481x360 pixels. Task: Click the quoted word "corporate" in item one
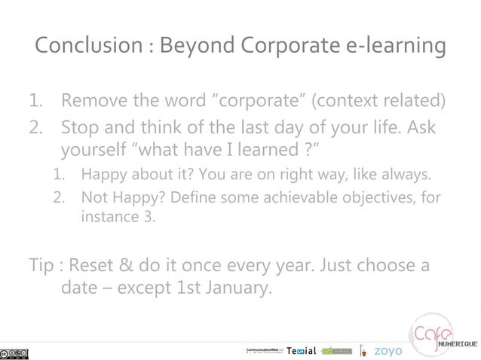pos(263,101)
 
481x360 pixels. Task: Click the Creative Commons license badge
pos(15,352)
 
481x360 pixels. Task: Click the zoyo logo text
pos(388,351)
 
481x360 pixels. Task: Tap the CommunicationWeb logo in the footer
pos(265,351)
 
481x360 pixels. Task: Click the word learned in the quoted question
pos(272,150)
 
